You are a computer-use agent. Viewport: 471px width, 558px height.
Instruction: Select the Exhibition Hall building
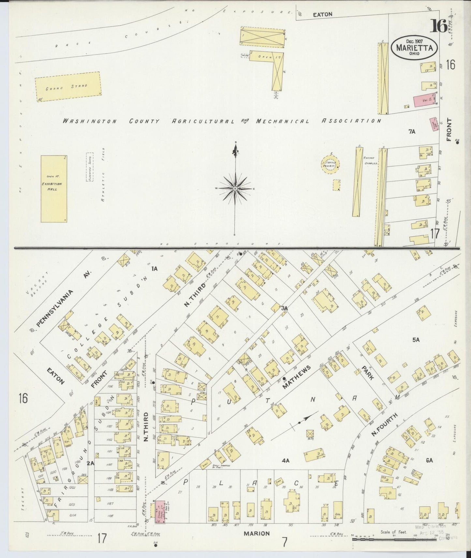[x=54, y=189]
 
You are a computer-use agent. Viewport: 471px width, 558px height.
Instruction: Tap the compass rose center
[x=235, y=189]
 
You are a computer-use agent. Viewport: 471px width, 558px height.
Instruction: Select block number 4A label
[x=286, y=460]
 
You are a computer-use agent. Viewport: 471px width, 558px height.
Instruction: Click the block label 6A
[x=429, y=460]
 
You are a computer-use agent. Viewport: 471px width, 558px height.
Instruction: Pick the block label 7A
[x=412, y=132]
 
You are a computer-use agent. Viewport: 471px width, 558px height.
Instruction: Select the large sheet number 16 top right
[x=438, y=26]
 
